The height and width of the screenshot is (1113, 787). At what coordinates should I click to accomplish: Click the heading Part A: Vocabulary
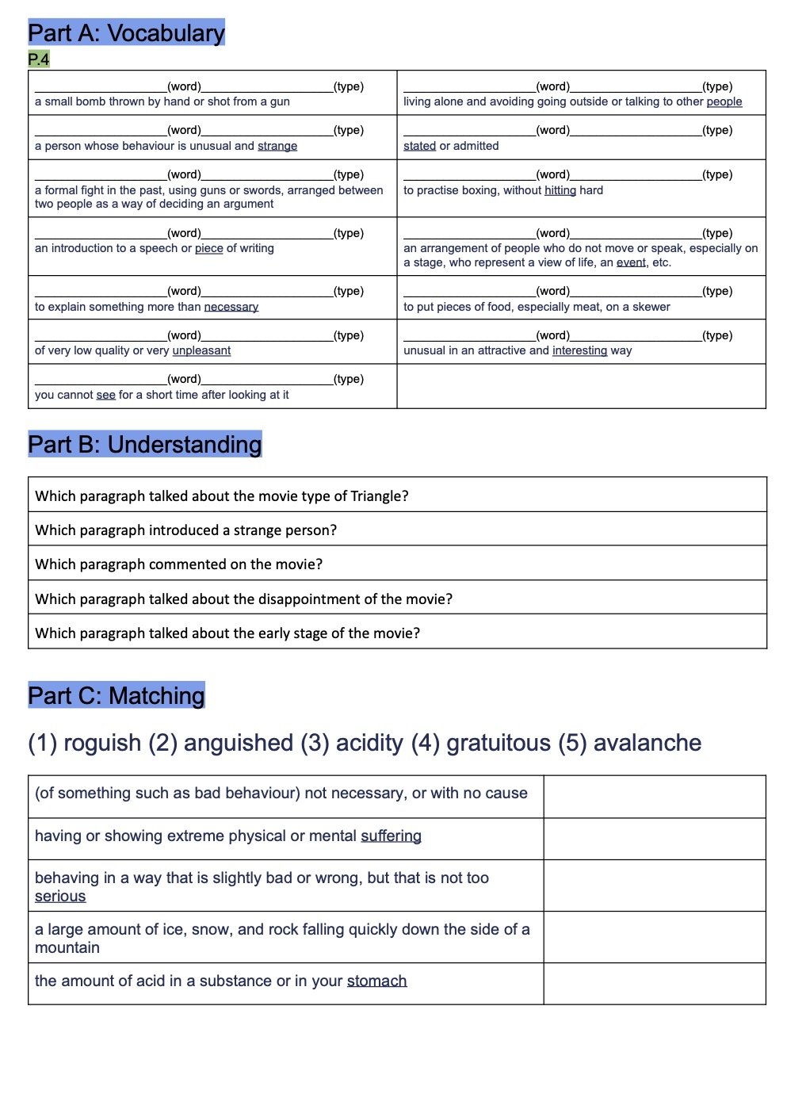[x=126, y=33]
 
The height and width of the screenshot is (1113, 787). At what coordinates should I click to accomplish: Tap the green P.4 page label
[x=38, y=59]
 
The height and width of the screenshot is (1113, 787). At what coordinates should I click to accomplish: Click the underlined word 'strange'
[x=277, y=146]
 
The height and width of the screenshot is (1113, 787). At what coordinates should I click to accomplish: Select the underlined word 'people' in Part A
[x=724, y=101]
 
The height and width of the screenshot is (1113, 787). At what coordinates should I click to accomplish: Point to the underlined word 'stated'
[x=419, y=146]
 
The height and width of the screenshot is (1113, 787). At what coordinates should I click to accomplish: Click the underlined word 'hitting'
[x=560, y=190]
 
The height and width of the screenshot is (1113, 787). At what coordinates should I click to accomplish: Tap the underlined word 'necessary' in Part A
[x=231, y=307]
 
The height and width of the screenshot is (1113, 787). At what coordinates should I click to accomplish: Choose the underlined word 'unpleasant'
[x=201, y=350]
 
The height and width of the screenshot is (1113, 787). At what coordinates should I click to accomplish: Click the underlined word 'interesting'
[x=579, y=350]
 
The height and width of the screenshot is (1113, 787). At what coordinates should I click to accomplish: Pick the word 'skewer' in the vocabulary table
[x=651, y=307]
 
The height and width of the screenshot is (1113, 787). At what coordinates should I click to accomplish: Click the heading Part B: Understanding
[x=144, y=445]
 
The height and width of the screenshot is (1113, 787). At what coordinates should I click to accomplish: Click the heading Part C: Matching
[x=116, y=696]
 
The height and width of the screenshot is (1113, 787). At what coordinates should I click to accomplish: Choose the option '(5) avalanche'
[x=629, y=743]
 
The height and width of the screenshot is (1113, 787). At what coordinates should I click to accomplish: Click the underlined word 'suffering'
[x=391, y=836]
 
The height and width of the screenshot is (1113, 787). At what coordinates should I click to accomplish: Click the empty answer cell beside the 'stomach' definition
[x=654, y=983]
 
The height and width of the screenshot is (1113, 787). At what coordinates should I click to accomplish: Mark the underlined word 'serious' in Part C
[x=60, y=897]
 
